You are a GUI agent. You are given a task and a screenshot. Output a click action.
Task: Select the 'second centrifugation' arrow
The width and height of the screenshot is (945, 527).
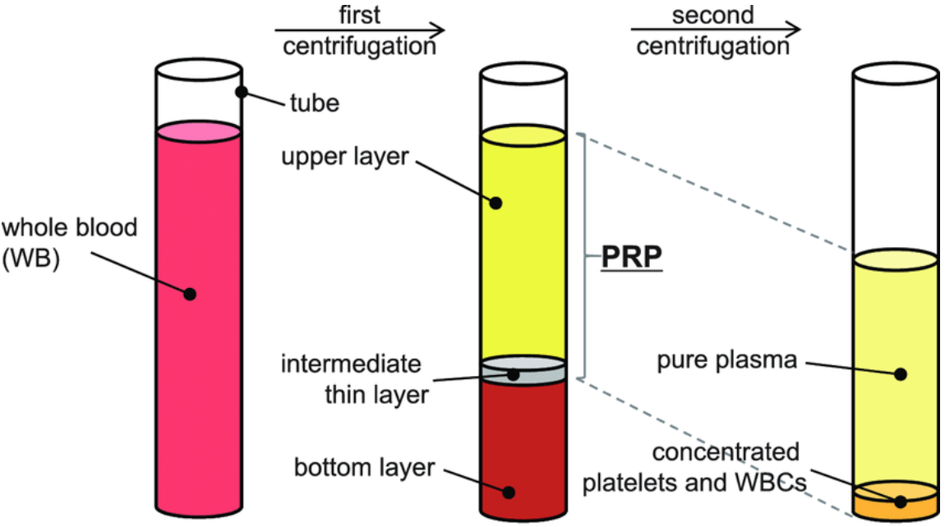tap(714, 30)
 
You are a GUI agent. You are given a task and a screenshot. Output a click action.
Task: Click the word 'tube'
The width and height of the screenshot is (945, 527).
tap(314, 103)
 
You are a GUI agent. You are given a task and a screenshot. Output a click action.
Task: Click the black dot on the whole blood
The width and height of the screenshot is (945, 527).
tap(191, 293)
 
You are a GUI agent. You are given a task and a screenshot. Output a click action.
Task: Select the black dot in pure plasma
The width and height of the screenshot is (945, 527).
tap(901, 373)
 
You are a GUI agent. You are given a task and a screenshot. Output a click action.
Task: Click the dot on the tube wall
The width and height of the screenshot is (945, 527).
tap(242, 92)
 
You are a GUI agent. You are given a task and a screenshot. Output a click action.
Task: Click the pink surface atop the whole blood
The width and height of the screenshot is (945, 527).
tap(198, 131)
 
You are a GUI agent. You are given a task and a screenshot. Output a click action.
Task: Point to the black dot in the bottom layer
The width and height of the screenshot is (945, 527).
tap(509, 493)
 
